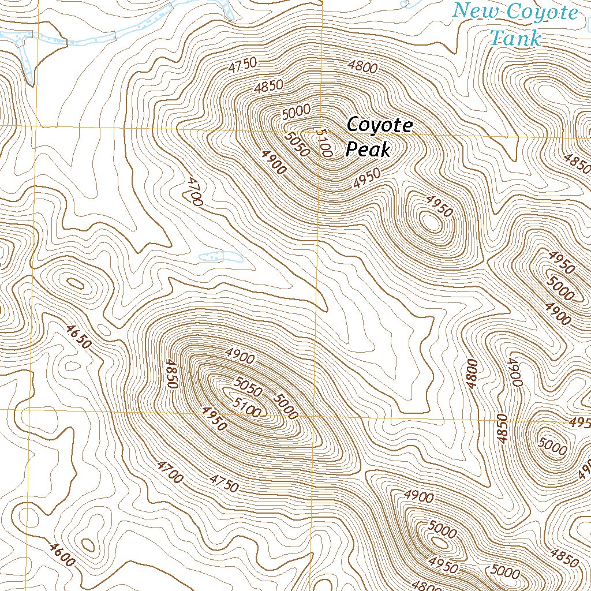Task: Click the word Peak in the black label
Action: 368,150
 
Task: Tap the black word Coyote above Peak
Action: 379,125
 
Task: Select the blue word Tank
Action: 515,39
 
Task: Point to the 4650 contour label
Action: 78,337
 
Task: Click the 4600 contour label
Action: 62,555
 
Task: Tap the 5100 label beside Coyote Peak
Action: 324,143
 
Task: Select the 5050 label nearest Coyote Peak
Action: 298,144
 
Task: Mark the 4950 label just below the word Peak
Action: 367,178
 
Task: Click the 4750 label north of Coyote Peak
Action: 242,65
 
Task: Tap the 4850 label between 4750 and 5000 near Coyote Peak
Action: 269,87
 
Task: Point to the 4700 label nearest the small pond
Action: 194,192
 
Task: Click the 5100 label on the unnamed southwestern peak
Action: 246,407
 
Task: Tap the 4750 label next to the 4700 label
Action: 224,483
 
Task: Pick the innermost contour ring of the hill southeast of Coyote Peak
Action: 430,221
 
